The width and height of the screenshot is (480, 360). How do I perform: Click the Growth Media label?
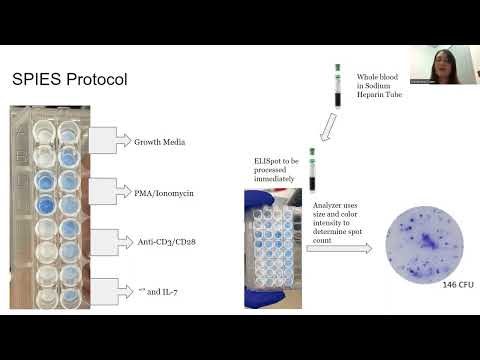click(x=162, y=142)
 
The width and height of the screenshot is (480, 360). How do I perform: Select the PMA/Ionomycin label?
click(x=165, y=191)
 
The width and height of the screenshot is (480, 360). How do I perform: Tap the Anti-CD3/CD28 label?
click(x=166, y=241)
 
